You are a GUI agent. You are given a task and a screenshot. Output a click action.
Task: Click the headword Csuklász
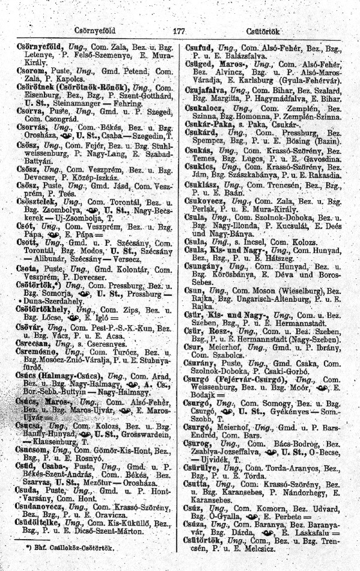coord(203,169)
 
